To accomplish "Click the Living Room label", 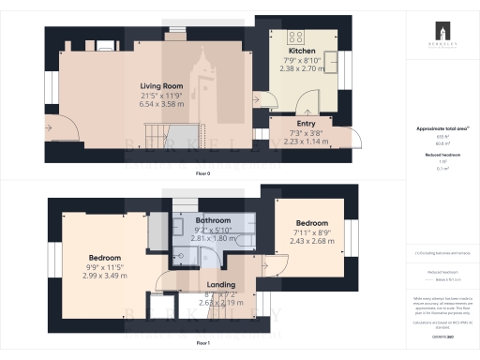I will [160, 86].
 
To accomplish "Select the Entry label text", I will [306, 124].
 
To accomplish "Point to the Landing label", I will [221, 285].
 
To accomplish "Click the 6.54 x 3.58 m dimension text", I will [160, 105].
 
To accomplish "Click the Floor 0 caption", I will [202, 174].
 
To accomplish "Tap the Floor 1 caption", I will [202, 344].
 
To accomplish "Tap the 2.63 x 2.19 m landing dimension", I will [221, 303].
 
